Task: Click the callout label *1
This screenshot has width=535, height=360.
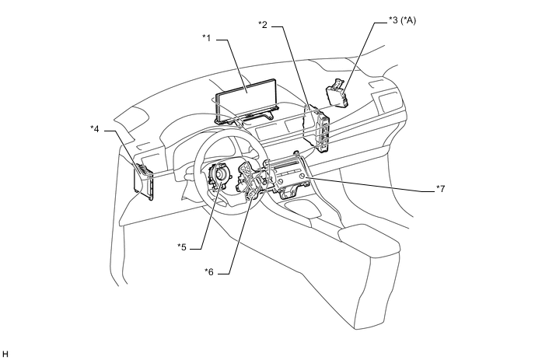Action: [x=206, y=36]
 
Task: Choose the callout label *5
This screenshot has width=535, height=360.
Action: [x=182, y=246]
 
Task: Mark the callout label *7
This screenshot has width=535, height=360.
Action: [x=440, y=189]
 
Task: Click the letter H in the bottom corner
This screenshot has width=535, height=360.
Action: [x=5, y=355]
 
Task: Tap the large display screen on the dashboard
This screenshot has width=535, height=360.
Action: [x=247, y=98]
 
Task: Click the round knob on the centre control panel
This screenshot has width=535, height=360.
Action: [x=302, y=178]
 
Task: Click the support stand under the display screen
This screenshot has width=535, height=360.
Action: [x=247, y=117]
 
